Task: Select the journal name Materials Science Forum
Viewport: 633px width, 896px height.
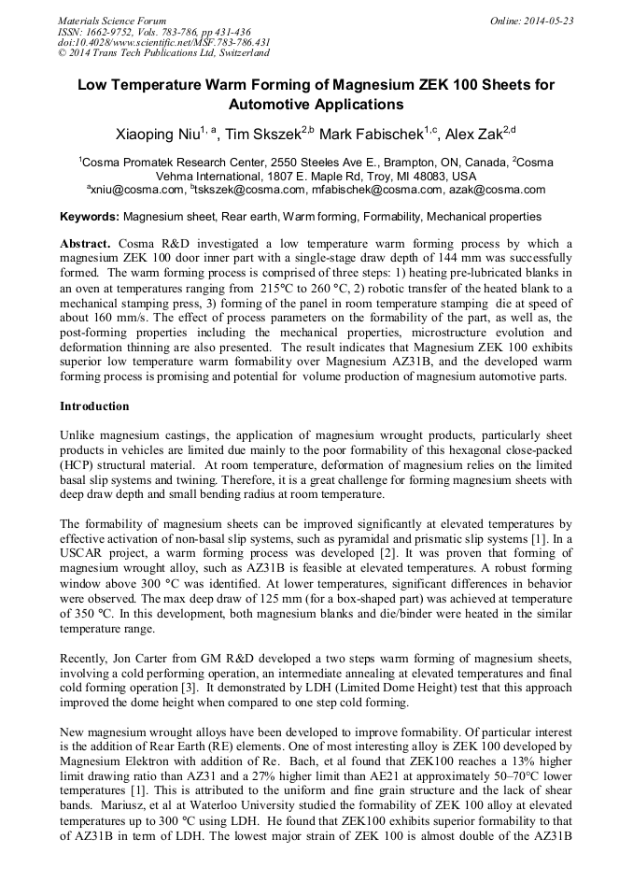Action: (x=112, y=21)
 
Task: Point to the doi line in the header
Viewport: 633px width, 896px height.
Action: (x=163, y=42)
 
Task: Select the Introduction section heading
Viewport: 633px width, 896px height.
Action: (x=94, y=406)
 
